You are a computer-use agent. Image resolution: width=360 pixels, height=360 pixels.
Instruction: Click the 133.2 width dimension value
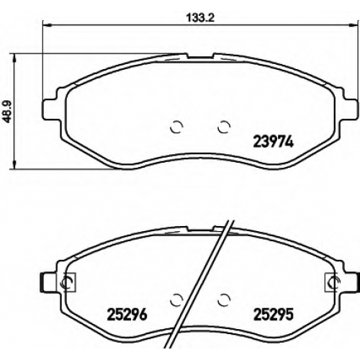(x=200, y=18)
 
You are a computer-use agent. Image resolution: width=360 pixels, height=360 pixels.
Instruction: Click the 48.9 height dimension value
(x=9, y=112)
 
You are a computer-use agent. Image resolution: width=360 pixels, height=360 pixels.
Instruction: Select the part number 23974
(x=274, y=141)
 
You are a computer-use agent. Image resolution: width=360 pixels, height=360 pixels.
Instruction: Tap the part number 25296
(x=127, y=314)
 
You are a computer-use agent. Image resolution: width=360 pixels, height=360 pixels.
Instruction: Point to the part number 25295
(x=274, y=314)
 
